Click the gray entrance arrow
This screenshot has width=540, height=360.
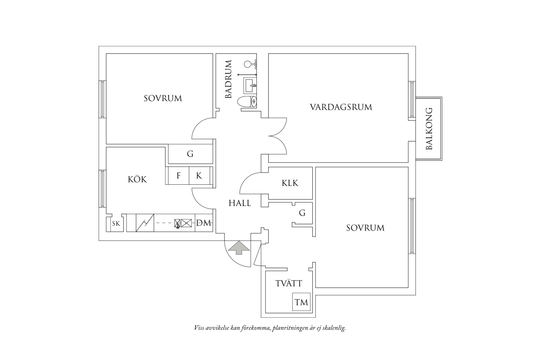[x=239, y=247]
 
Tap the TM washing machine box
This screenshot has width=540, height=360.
[x=301, y=302]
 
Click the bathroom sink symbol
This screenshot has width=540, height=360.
[x=250, y=85]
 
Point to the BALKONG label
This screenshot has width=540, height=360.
[x=429, y=129]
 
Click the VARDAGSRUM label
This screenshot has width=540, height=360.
[x=341, y=107]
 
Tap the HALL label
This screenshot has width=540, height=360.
[x=240, y=203]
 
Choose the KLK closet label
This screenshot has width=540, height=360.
[x=290, y=183]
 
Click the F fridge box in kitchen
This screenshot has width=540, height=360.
[x=178, y=176]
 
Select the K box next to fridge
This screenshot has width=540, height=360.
[x=199, y=176]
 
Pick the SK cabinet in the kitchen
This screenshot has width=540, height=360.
[x=116, y=224]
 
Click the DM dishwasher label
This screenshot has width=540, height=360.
[x=204, y=223]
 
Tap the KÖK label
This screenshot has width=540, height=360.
[x=137, y=180]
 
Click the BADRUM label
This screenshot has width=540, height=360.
[x=228, y=79]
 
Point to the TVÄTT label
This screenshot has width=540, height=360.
[x=289, y=284]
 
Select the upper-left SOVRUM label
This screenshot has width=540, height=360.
[x=163, y=98]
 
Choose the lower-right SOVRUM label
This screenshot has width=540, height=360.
[x=365, y=228]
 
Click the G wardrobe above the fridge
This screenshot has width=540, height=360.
[x=190, y=154]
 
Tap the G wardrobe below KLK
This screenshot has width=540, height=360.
[x=302, y=213]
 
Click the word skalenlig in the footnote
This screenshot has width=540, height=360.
[x=334, y=328]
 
